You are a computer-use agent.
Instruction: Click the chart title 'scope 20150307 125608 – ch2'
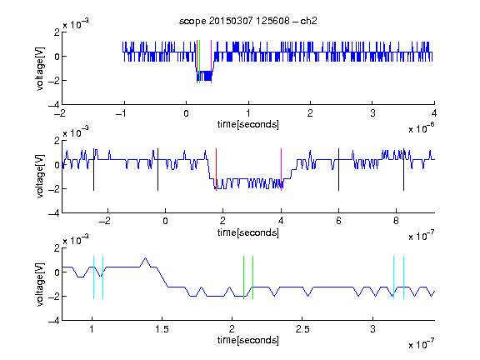coord(248,21)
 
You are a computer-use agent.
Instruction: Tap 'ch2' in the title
coord(308,21)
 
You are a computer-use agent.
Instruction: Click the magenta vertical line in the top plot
coord(211,62)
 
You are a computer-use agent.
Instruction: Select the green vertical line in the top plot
coord(200,62)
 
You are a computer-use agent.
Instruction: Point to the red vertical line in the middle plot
coord(216,170)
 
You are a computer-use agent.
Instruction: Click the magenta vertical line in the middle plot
coord(281,170)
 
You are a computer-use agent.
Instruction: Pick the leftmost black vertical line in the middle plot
coord(93,170)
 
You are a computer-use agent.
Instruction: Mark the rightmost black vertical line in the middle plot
coord(403,170)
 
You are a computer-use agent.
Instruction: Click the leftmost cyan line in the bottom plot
coord(93,277)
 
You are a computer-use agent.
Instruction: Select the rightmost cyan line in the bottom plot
coord(404,277)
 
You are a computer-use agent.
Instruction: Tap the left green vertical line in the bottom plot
coord(243,277)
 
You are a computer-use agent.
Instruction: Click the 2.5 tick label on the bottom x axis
coord(302,329)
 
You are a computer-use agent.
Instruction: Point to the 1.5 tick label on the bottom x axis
coord(162,329)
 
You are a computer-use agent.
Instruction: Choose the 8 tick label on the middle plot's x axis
coord(396,221)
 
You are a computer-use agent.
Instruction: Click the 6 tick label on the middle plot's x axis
coord(338,221)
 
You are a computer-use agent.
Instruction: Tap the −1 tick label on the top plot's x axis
coord(122,113)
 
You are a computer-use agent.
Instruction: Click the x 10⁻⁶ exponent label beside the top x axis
coord(422,129)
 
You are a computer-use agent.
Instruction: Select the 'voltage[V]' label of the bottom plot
coord(40,284)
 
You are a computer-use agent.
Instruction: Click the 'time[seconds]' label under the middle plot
coord(248,232)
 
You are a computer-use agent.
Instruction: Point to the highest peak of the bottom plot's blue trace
coord(145,258)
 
